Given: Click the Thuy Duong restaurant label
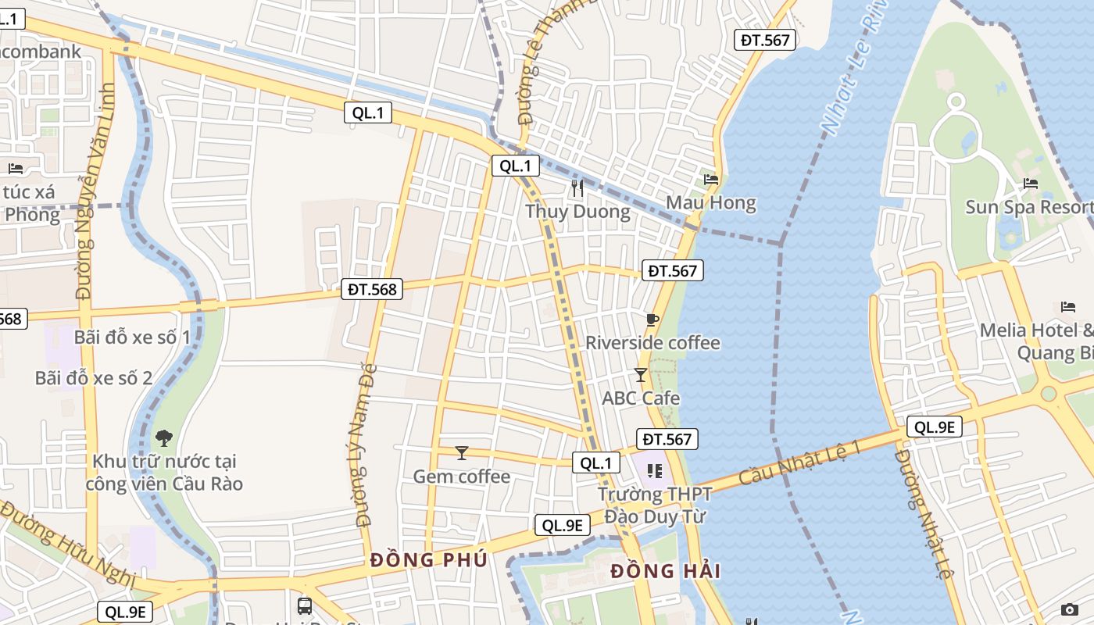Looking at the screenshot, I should pos(577,212).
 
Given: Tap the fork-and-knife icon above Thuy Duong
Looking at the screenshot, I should pos(577,187).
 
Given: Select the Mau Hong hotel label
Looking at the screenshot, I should pos(711,203).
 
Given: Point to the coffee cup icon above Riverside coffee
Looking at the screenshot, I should pos(652,319).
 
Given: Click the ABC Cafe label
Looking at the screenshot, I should pos(641,398).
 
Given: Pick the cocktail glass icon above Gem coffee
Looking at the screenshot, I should pos(462,452).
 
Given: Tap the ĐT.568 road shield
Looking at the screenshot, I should pos(373,289).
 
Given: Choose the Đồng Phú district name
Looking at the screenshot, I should pos(429,560).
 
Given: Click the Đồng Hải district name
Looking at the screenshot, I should pos(665,571).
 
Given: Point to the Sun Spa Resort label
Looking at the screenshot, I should pos(1028,207).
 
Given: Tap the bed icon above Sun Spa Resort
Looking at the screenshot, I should pos(1031,184).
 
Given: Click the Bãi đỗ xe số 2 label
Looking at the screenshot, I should pos(94,378).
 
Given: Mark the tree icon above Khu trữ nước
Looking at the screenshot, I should pos(164,437).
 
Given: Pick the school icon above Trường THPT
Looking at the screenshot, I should pos(655,470).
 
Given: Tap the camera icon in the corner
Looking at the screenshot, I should pos(1070,609).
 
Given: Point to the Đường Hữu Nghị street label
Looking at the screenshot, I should pos(66,544).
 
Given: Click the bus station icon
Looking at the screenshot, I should pos(305,605).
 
